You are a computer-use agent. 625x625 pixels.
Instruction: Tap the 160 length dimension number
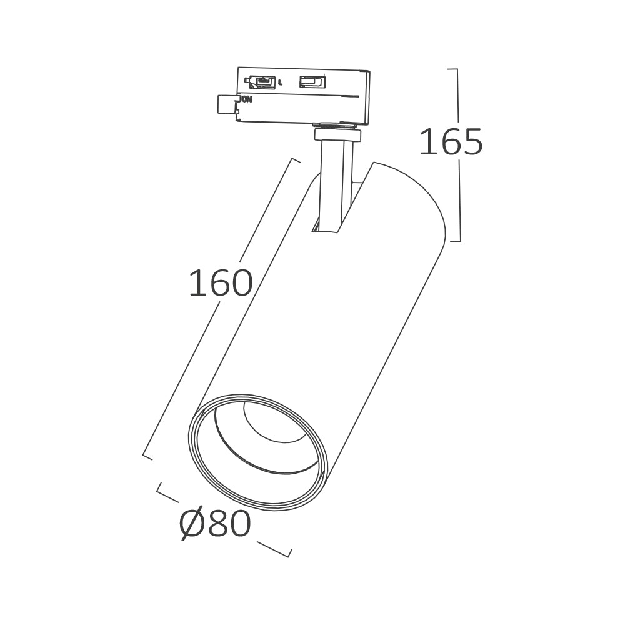point(221,282)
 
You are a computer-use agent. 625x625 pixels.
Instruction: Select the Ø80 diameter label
point(215,523)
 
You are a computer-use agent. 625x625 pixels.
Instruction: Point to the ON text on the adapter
point(247,99)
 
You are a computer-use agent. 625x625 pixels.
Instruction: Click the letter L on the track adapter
point(281,83)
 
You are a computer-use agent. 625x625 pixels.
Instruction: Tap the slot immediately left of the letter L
point(261,82)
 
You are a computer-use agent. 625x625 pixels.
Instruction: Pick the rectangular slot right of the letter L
point(313,82)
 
